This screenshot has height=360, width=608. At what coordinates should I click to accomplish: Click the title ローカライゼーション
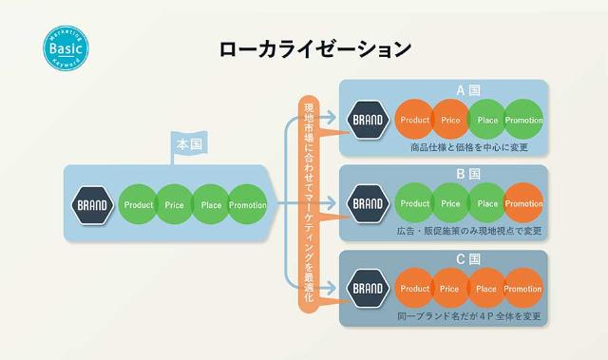tap(303, 47)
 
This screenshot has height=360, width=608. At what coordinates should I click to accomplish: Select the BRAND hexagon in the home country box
tap(92, 204)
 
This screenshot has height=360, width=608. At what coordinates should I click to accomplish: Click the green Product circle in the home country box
tap(139, 204)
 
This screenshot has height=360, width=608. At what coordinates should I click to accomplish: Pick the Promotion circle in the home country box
tap(248, 204)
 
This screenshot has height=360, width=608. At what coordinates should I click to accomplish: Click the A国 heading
tap(443, 90)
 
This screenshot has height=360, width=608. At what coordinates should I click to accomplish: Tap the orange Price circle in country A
tap(450, 121)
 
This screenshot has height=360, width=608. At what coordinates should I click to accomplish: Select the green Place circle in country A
tap(486, 121)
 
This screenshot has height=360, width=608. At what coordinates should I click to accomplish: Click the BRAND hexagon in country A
tap(368, 121)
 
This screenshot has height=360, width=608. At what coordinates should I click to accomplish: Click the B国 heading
tap(443, 175)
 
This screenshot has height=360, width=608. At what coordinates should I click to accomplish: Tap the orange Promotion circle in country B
tap(523, 203)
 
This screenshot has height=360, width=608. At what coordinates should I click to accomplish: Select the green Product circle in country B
tap(415, 203)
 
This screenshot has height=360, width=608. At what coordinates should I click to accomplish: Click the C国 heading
tap(443, 258)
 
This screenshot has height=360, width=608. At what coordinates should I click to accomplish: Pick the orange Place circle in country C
tap(486, 289)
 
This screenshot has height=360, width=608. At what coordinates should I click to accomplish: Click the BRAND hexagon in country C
tap(368, 288)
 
